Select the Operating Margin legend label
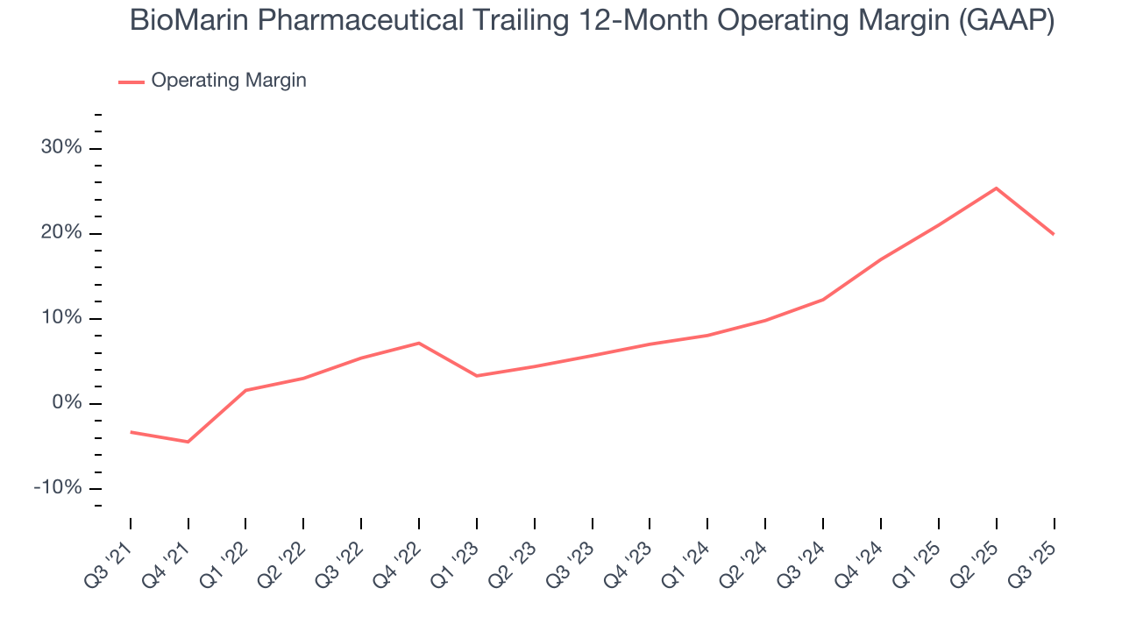coord(229,81)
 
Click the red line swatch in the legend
coord(131,82)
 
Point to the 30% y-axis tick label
coord(61,148)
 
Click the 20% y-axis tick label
coord(61,233)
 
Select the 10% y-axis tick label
coord(61,318)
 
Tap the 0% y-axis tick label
coord(67,403)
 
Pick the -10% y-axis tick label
coord(58,488)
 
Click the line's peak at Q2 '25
coord(996,188)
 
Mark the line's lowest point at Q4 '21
coord(188,442)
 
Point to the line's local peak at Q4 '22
coord(419,343)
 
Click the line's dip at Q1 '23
coord(477,376)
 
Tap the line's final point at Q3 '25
coord(1053,234)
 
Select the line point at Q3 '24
coord(823,300)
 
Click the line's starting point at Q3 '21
coord(131,432)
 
